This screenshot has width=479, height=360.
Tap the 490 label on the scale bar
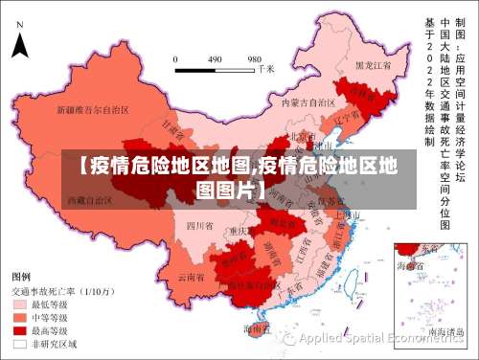[215, 57]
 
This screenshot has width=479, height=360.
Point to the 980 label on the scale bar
[255, 57]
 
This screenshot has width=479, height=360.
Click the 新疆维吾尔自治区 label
[93, 110]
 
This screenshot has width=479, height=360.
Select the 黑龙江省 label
[374, 66]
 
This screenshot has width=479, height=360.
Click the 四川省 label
[198, 226]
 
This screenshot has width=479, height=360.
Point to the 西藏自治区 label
[89, 201]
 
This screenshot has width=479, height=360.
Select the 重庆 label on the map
[239, 231]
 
